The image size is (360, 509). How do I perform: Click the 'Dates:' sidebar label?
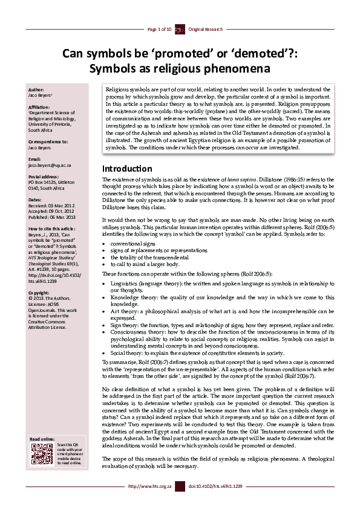click(35, 199)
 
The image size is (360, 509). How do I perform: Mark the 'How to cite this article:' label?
click(52, 229)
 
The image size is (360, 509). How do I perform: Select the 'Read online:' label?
click(42, 438)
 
